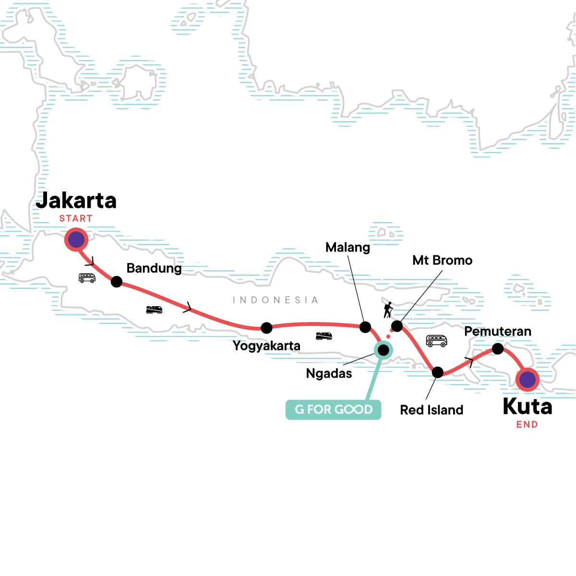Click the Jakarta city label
(x=76, y=200)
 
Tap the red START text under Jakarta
(x=76, y=218)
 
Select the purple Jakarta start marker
(x=76, y=240)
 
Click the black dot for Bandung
(x=117, y=282)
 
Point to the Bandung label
(x=154, y=268)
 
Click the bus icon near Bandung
(x=87, y=278)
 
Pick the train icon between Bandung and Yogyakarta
(x=154, y=310)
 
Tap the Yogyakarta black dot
(x=266, y=328)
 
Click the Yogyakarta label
(x=266, y=346)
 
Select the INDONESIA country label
(x=276, y=300)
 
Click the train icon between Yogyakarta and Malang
(x=324, y=336)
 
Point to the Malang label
(x=348, y=248)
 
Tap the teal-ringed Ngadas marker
(x=384, y=350)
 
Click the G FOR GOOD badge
(x=333, y=409)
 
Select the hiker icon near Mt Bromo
(x=388, y=310)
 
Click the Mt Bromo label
(x=443, y=260)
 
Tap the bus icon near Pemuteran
(x=436, y=341)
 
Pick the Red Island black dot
(x=438, y=372)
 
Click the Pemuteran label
(x=498, y=331)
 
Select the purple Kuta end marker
(x=527, y=380)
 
